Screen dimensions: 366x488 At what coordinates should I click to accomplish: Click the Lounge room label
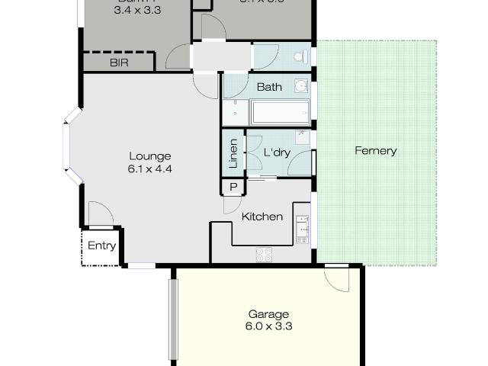149,156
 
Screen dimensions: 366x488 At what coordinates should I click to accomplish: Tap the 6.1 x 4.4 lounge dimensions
149,169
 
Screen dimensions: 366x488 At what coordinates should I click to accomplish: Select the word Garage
269,313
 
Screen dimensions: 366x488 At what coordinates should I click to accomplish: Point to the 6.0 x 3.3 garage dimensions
269,326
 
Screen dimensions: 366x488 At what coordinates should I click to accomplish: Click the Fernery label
375,151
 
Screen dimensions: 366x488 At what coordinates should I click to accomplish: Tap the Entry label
102,246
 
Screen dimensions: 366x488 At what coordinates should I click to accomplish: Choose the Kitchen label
262,217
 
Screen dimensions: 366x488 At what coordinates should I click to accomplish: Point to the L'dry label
277,152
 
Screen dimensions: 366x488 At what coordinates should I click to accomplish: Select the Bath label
269,87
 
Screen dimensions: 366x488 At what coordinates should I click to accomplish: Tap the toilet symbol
303,57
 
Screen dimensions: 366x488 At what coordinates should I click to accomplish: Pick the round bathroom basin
301,85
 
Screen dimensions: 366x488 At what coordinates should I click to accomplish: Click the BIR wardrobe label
119,63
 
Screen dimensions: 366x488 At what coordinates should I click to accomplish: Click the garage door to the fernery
335,277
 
